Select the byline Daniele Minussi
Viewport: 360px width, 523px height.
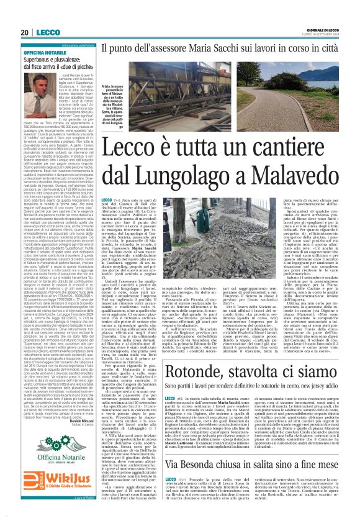point(74,421)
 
